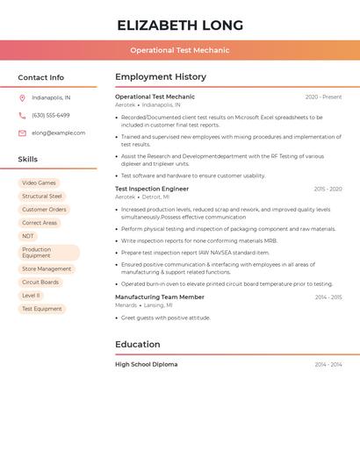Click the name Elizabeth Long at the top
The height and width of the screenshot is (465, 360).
[x=180, y=25]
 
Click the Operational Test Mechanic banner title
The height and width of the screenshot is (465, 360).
[x=180, y=50]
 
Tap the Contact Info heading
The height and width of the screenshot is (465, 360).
[x=41, y=77]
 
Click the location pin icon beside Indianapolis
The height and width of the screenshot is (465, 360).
[x=22, y=97]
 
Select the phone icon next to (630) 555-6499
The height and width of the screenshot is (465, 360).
[x=22, y=115]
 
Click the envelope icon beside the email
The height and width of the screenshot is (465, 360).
[x=22, y=132]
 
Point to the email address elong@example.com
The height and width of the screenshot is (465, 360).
[x=59, y=132]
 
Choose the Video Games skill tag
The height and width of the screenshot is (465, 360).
[x=39, y=182]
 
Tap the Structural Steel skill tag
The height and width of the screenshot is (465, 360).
[x=42, y=196]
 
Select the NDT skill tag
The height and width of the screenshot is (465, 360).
[x=28, y=236]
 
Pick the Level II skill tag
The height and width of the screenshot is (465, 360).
[x=31, y=296]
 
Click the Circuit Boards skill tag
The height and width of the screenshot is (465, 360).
[x=40, y=283]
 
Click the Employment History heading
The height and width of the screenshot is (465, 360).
[x=161, y=77]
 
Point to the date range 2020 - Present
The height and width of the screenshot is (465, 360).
[x=323, y=97]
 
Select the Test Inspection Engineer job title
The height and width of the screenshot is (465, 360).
[x=152, y=189]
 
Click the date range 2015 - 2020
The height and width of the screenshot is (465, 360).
[x=328, y=189]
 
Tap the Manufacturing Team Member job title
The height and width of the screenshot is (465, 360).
[x=160, y=297]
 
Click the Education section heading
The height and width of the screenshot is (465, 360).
[x=138, y=344]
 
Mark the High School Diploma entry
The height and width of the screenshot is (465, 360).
[x=146, y=364]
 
